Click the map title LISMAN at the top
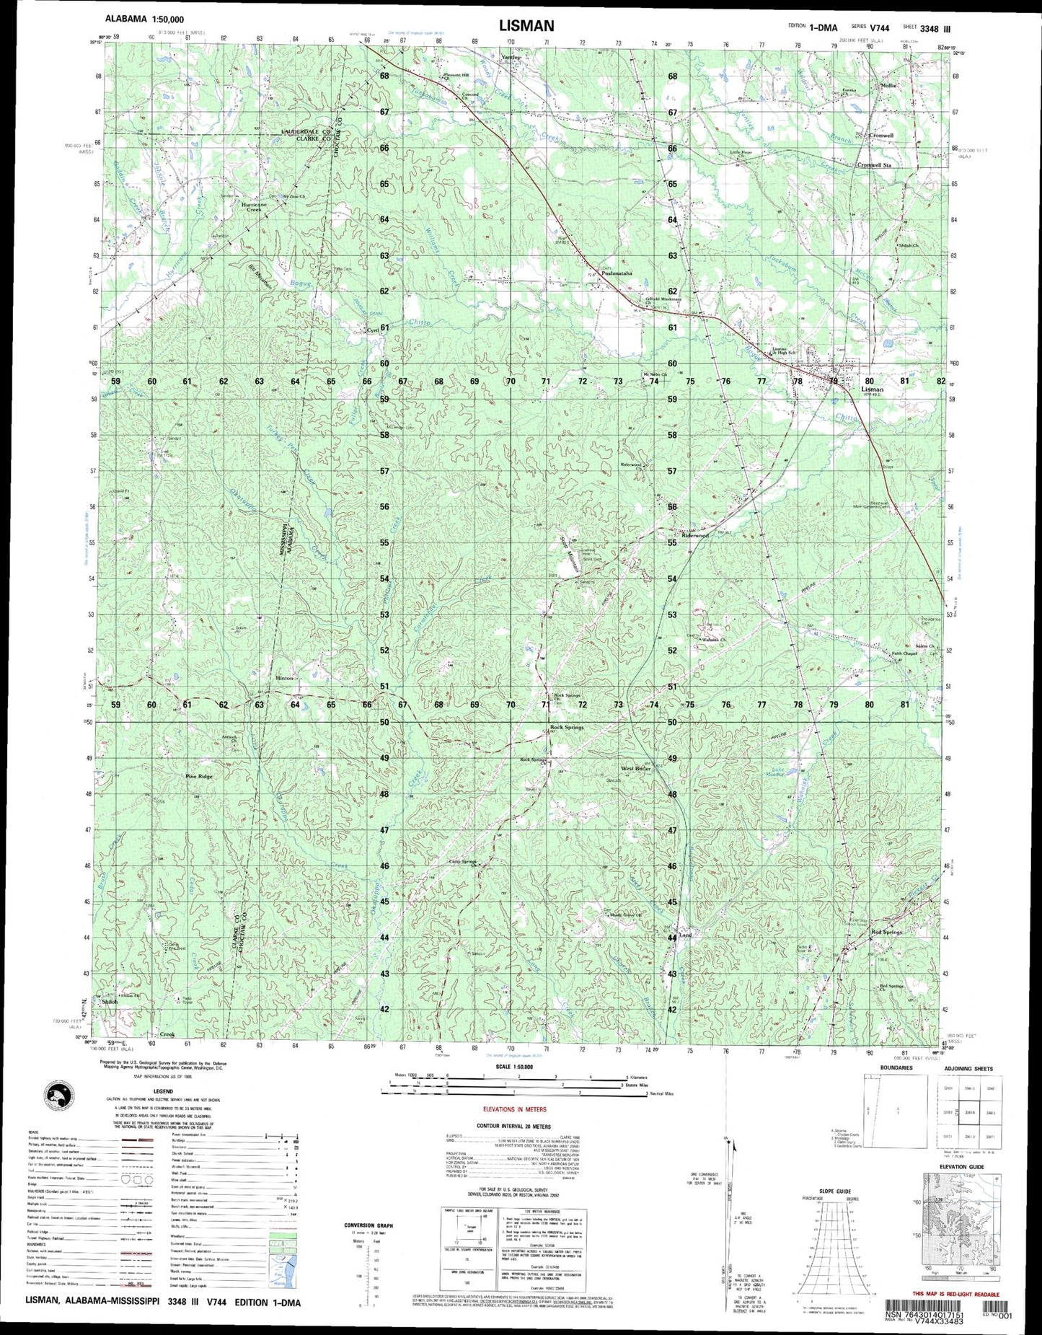526,26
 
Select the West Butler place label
636,769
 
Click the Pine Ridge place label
199,777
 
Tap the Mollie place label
888,86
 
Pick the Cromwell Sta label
875,165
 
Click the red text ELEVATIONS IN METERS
514,1109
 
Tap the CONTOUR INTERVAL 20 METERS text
513,1126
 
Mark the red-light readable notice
955,1295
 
